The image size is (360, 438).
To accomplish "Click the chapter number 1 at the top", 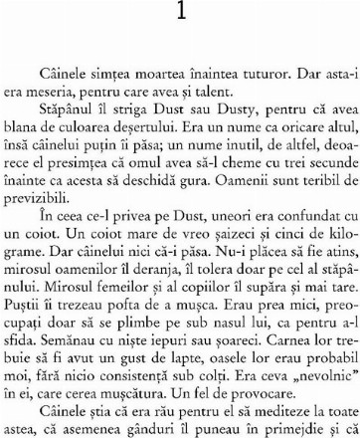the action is [179, 13].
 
